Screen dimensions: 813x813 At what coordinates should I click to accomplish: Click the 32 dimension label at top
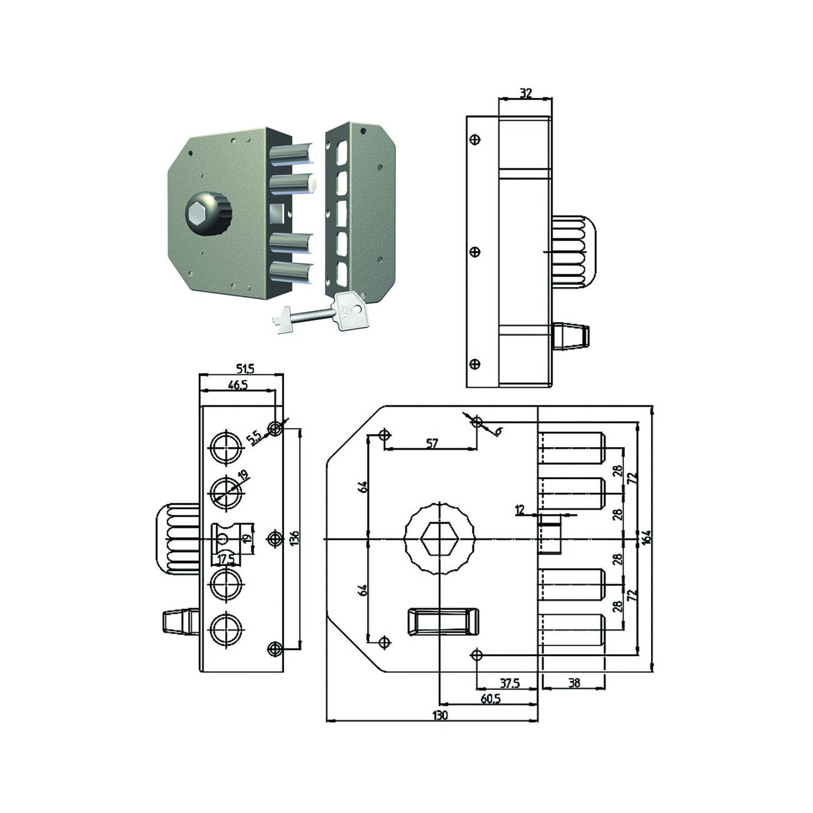525,93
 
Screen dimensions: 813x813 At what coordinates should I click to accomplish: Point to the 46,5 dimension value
237,385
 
